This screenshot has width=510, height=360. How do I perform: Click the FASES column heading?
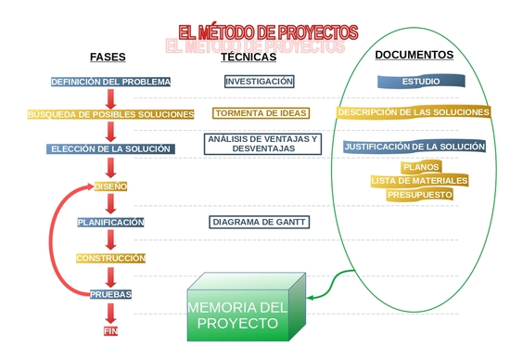[108, 57]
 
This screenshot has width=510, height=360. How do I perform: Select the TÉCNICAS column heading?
[249, 57]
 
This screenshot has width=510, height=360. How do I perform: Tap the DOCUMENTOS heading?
[414, 55]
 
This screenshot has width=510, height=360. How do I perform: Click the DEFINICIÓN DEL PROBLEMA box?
[110, 82]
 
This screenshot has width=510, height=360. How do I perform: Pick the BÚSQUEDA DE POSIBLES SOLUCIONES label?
[111, 114]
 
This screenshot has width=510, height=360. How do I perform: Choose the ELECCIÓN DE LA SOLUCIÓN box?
[111, 148]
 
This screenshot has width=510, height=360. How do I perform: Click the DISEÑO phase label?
[110, 186]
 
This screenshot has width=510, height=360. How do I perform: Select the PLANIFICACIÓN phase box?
[110, 223]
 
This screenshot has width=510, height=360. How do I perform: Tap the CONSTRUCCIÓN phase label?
[111, 258]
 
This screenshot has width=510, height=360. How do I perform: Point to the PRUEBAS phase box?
[110, 294]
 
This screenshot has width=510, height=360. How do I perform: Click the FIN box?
[111, 330]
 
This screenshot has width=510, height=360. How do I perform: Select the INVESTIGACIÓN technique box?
[259, 82]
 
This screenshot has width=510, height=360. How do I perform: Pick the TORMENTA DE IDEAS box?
[259, 114]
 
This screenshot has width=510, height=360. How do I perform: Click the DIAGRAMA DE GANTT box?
[259, 223]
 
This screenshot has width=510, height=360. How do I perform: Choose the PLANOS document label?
[419, 167]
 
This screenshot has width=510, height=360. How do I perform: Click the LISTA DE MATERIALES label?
[419, 181]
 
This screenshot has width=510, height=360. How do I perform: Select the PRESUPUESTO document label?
[419, 195]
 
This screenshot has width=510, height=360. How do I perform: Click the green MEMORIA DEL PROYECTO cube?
[239, 315]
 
